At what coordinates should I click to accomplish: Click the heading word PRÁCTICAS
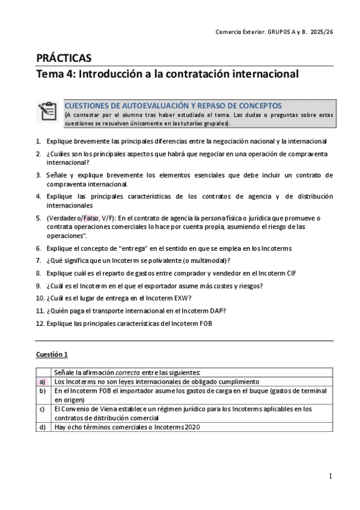tap(64, 58)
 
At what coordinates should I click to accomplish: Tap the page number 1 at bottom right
tap(331, 476)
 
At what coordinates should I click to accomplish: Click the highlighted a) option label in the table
tap(42, 381)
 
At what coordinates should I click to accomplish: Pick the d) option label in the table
tap(42, 427)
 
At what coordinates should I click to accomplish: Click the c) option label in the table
tap(42, 409)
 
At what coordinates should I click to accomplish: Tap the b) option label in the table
tap(42, 390)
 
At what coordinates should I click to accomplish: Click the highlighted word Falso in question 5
tap(91, 218)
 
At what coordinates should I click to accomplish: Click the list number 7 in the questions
tap(38, 260)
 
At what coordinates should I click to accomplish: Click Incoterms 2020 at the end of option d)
tap(179, 427)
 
